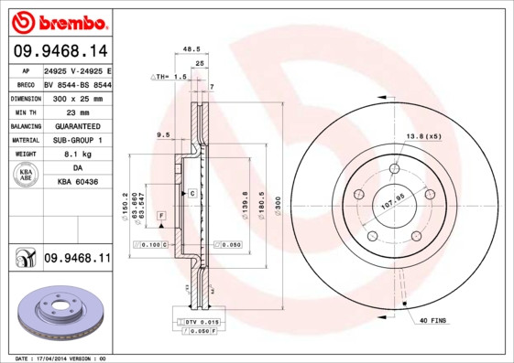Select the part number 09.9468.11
point(77,259)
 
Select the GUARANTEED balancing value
point(77,126)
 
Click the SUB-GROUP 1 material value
point(77,140)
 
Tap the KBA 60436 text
point(77,183)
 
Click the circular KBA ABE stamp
point(25,176)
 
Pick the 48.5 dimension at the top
point(191,50)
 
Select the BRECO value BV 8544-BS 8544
point(77,83)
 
